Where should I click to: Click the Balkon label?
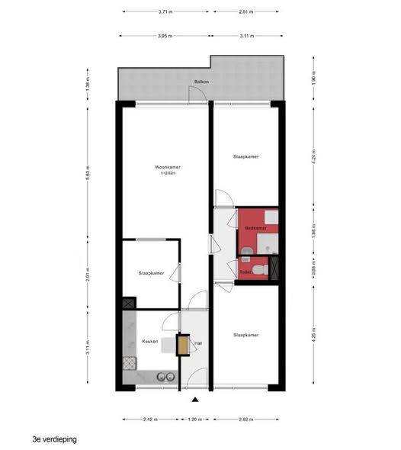(201, 80)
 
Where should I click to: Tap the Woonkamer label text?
(167, 167)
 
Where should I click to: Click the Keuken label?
(149, 341)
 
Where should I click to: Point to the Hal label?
(197, 342)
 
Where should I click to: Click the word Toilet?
(245, 272)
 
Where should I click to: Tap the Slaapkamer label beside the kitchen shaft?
(152, 272)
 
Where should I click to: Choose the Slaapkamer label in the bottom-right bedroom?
(246, 334)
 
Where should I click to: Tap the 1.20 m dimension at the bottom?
(196, 419)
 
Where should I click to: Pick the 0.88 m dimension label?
(314, 267)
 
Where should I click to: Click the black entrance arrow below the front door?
(196, 399)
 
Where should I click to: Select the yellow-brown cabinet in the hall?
(183, 346)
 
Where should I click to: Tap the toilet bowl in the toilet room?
(259, 269)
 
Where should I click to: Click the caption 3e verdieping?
(55, 439)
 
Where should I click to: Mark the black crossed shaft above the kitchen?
(127, 303)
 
